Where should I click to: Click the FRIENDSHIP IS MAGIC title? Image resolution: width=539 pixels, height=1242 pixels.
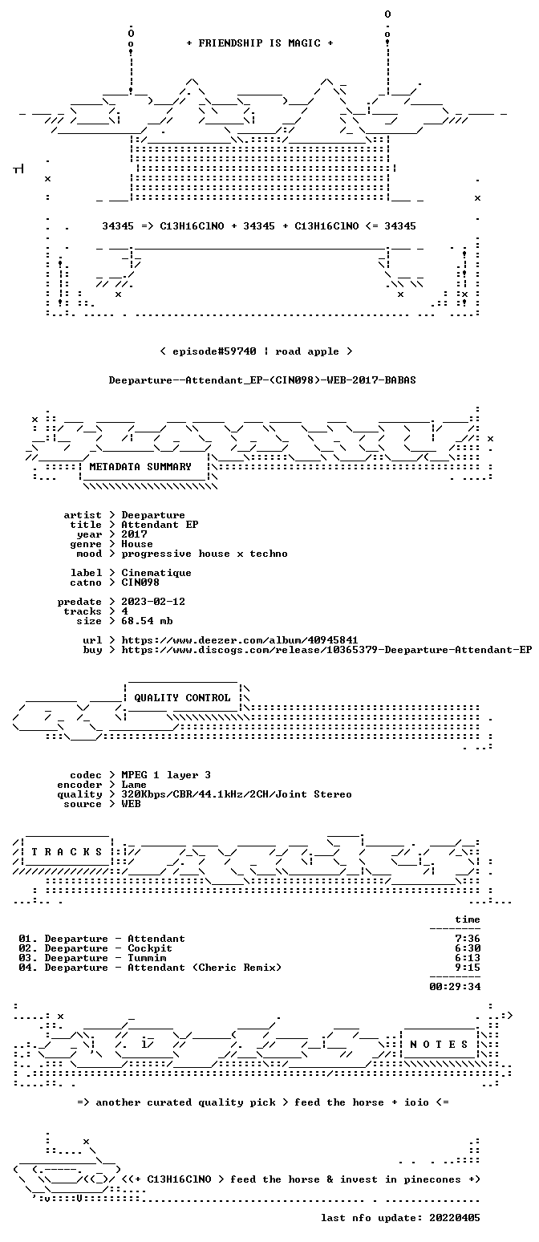click(260, 43)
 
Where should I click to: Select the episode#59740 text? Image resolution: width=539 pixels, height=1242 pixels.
click(215, 351)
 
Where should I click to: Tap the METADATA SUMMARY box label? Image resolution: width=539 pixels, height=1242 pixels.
click(140, 467)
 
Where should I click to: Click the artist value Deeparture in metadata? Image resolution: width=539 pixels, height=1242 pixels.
click(153, 515)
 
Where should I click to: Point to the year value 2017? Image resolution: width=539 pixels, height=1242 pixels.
click(134, 534)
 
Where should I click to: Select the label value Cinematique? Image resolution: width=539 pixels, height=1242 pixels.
click(156, 574)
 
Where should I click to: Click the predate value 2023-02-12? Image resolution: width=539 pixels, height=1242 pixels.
click(153, 603)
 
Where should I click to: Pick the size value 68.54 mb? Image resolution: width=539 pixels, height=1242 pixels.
click(147, 621)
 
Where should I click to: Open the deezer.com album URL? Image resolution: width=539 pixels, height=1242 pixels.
click(240, 640)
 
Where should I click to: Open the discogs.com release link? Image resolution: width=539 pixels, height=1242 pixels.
click(326, 650)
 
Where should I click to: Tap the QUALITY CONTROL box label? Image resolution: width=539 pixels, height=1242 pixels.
click(182, 698)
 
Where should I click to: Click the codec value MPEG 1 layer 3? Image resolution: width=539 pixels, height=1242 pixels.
click(166, 775)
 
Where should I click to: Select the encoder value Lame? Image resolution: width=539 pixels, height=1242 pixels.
click(134, 785)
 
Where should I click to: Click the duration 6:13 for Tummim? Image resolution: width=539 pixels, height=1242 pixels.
click(468, 958)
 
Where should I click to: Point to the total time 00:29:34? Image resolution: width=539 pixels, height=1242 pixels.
click(455, 987)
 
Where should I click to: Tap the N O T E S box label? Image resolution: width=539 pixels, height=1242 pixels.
click(439, 1045)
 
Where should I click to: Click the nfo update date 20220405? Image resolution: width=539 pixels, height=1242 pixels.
click(455, 1218)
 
